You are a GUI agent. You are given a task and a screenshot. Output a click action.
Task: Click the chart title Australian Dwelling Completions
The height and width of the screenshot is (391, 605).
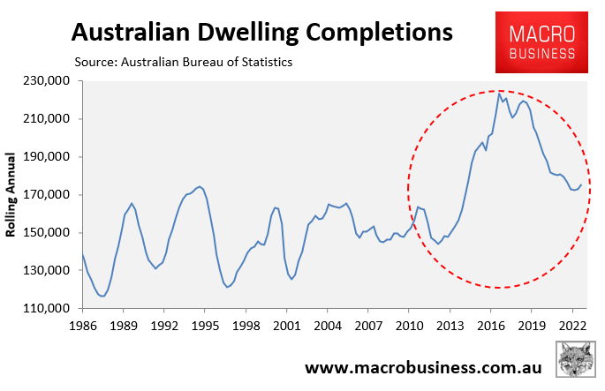[261, 33]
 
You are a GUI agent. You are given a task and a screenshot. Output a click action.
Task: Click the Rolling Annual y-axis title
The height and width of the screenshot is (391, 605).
[12, 194]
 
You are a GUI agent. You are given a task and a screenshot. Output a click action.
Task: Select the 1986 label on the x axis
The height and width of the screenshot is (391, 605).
[83, 325]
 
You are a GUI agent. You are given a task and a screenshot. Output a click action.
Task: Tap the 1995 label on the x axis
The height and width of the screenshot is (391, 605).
[205, 325]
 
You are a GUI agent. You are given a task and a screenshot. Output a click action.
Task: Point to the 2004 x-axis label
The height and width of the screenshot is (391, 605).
[327, 325]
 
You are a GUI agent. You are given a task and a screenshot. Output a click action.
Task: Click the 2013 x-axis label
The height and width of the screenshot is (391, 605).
[450, 325]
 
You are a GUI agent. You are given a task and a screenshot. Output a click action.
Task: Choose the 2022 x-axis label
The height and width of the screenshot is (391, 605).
[571, 325]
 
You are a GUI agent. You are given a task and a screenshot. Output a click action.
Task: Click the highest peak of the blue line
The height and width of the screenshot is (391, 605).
[499, 93]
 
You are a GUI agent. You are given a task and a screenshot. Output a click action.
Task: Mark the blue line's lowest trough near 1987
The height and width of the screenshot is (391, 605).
[102, 296]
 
